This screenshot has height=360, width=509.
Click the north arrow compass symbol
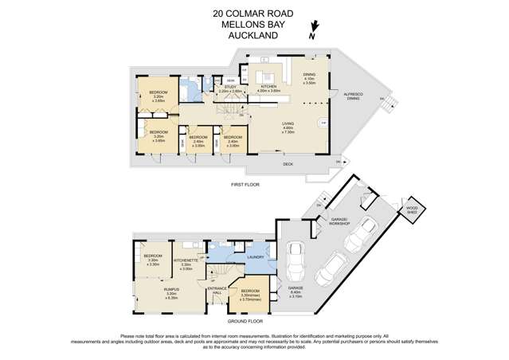(312, 33)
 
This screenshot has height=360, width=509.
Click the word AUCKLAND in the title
(253, 34)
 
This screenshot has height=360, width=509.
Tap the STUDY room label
(230, 86)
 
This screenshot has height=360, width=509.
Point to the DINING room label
(309, 75)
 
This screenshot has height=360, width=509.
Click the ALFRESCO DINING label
(352, 96)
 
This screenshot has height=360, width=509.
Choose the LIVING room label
(289, 123)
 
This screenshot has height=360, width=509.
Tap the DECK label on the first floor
(288, 165)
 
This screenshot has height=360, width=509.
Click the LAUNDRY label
(256, 257)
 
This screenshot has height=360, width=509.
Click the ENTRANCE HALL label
(217, 290)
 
